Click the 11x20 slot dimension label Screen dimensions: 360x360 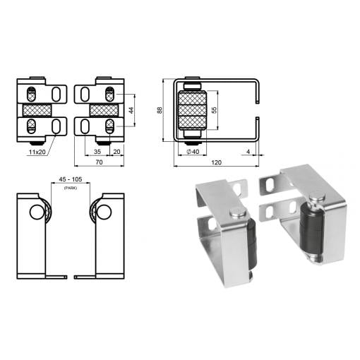[x=37, y=152]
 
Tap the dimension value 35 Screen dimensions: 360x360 [x=97, y=152]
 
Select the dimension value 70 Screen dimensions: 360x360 [x=99, y=162]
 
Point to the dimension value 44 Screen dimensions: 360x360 [x=131, y=110]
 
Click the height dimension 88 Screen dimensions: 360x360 [x=160, y=110]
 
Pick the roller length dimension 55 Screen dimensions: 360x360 [x=214, y=110]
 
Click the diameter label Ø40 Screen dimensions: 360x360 [x=193, y=152]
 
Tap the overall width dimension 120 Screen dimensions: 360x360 [x=216, y=162]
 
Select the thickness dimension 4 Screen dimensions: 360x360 [x=248, y=152]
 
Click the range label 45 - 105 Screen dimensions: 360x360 [x=71, y=179]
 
